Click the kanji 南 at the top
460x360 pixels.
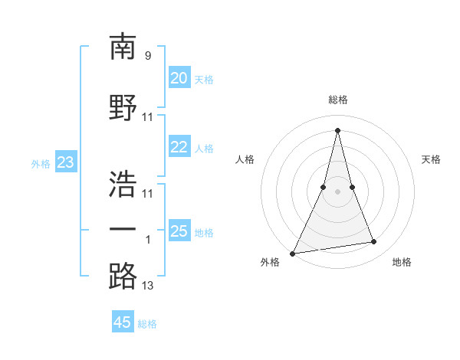pos(123,47)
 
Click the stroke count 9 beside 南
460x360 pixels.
pos(148,56)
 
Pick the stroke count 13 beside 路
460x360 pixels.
pos(148,286)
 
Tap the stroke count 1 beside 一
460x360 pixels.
pos(148,240)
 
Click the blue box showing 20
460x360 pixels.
pos(179,78)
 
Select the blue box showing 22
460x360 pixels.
pos(179,147)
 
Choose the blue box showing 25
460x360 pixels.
pos(179,231)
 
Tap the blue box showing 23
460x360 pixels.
pos(65,162)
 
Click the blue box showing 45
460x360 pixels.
pos(123,322)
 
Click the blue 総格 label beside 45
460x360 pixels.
pos(148,324)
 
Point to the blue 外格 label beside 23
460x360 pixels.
pos(41,163)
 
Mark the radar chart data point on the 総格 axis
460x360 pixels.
pos(337,129)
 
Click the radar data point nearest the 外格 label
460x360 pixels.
pos(293,254)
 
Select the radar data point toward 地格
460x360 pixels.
pos(374,242)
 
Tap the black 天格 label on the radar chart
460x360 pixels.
pos(432,159)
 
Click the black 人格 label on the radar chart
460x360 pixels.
pos(244,159)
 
